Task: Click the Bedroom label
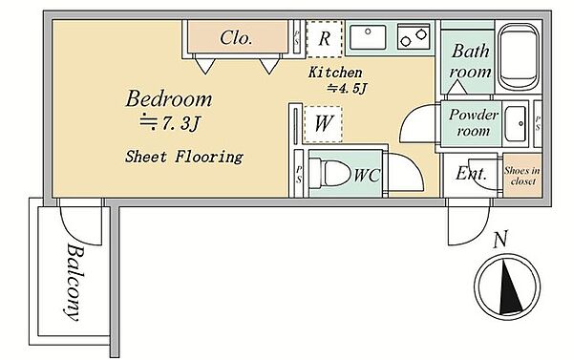(168, 98)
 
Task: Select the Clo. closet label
(236, 37)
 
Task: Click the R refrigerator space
(325, 39)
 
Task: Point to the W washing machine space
(323, 123)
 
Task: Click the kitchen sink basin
(368, 37)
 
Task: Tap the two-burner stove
(414, 37)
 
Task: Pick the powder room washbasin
(516, 124)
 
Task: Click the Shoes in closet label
(522, 176)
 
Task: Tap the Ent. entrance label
(471, 173)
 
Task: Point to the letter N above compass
(499, 240)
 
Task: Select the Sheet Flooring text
(183, 157)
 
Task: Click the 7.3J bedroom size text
(170, 123)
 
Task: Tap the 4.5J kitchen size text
(347, 88)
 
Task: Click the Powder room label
(474, 122)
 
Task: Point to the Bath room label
(470, 61)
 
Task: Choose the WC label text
(367, 176)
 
